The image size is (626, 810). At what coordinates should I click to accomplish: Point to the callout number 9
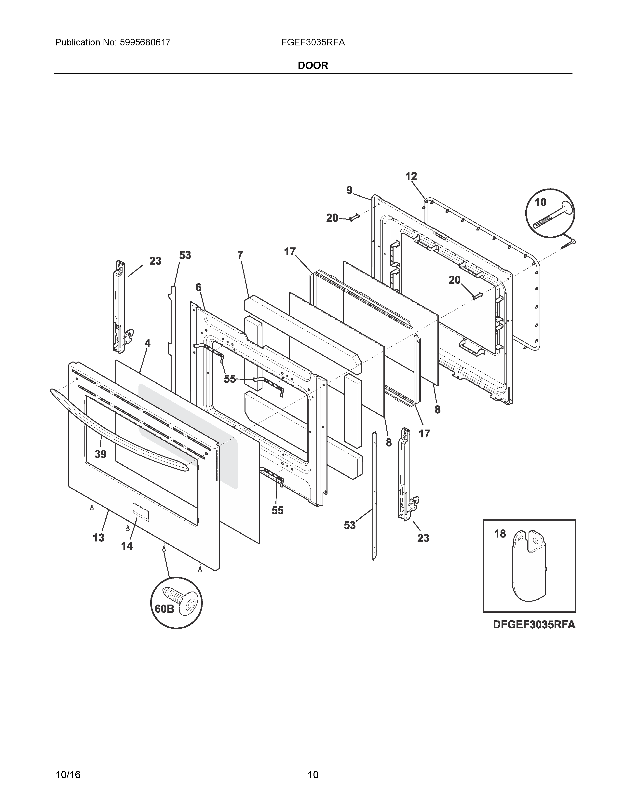point(349,190)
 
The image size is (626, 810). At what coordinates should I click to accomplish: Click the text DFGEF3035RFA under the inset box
point(534,625)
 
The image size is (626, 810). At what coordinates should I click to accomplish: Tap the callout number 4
point(148,343)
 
